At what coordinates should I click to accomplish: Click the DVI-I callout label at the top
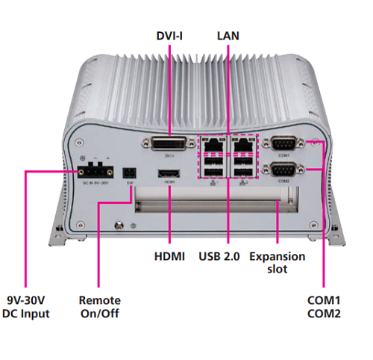169,36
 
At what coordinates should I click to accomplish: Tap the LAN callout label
228,36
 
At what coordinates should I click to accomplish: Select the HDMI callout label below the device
169,256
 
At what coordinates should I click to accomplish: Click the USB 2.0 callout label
219,256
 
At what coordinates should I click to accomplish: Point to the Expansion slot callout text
278,263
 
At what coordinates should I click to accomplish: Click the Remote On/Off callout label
100,307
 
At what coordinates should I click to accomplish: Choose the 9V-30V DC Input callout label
26,307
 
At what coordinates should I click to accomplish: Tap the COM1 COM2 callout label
324,307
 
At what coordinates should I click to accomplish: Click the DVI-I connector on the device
169,143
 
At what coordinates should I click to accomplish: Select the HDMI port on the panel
169,173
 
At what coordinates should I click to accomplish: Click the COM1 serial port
283,143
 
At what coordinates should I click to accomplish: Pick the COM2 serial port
283,170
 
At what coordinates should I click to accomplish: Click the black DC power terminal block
95,170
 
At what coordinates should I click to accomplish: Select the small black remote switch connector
130,173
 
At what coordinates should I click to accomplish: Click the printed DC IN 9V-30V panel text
95,183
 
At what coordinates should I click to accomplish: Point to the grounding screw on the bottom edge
119,226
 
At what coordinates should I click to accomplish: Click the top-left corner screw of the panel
79,143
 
